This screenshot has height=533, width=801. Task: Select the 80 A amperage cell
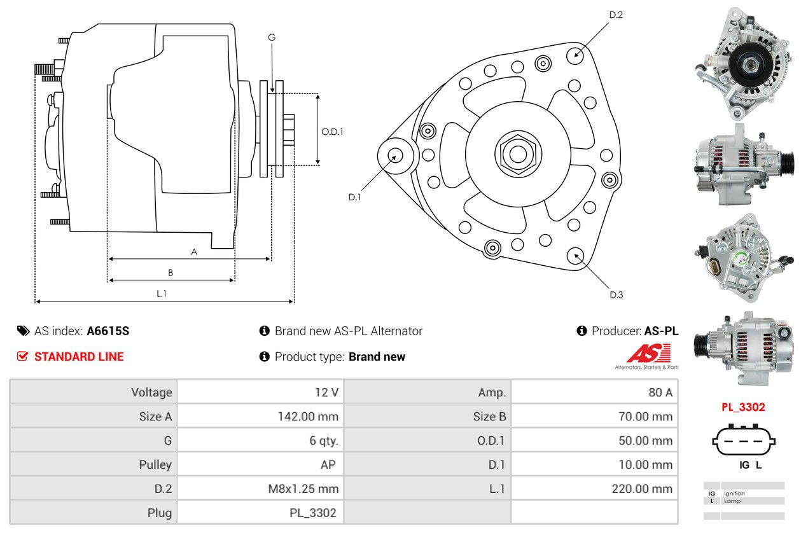pyautogui.click(x=660, y=392)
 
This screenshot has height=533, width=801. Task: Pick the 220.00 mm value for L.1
pyautogui.click(x=645, y=488)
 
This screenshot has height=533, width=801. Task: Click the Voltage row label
pyautogui.click(x=151, y=392)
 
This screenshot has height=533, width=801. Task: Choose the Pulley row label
pyautogui.click(x=155, y=465)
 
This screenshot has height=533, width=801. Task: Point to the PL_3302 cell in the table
pyautogui.click(x=314, y=513)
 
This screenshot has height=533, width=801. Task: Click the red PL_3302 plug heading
pyautogui.click(x=742, y=407)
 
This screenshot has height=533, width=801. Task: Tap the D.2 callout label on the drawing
pyautogui.click(x=616, y=15)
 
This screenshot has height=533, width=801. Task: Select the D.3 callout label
pyautogui.click(x=616, y=294)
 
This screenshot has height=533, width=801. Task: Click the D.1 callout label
pyautogui.click(x=354, y=197)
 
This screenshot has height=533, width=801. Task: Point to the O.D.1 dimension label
pyautogui.click(x=332, y=132)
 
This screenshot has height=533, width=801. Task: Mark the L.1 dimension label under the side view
pyautogui.click(x=162, y=293)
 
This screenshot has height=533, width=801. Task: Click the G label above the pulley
pyautogui.click(x=272, y=38)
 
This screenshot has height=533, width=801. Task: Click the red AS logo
pyautogui.click(x=648, y=353)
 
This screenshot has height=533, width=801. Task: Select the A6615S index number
pyautogui.click(x=108, y=331)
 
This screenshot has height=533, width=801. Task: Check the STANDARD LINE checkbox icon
pyautogui.click(x=22, y=356)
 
